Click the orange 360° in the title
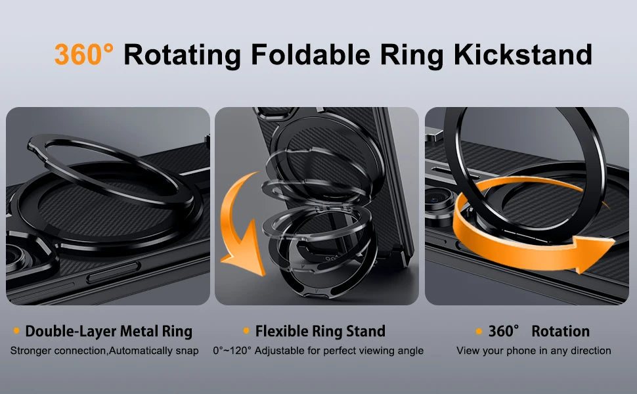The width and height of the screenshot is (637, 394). [83, 55]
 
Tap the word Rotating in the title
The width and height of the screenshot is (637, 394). [182, 55]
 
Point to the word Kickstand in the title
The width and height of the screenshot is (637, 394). [523, 55]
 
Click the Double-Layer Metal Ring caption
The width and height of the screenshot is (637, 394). [108, 331]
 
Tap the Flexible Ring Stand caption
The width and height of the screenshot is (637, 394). [320, 331]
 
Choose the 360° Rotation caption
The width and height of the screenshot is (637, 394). [538, 331]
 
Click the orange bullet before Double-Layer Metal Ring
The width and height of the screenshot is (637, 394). [16, 331]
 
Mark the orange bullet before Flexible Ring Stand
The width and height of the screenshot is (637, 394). [246, 331]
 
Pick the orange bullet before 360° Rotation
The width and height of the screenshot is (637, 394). [479, 331]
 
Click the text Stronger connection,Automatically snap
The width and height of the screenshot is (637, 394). [104, 351]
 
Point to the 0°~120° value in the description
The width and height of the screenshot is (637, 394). [232, 351]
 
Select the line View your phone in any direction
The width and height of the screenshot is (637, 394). [533, 351]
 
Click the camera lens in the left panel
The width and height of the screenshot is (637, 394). [20, 263]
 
